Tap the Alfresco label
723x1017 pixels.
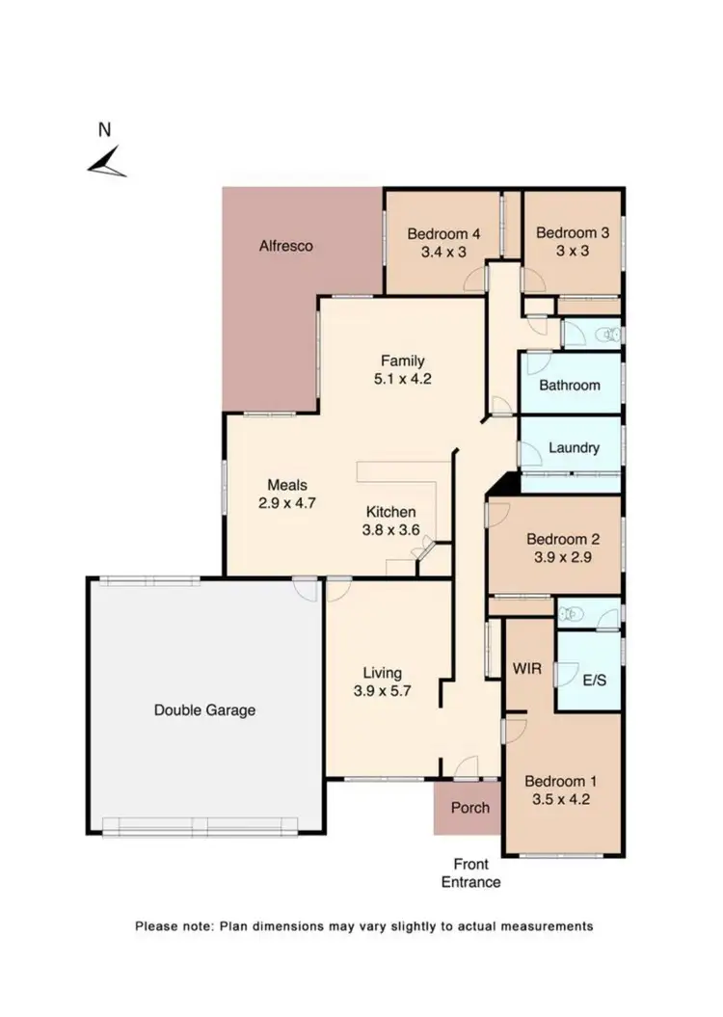pyautogui.click(x=286, y=246)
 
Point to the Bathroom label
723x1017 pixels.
pyautogui.click(x=569, y=385)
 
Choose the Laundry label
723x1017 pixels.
pyautogui.click(x=574, y=447)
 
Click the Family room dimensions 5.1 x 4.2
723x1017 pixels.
pyautogui.click(x=403, y=379)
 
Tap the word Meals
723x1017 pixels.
pyautogui.click(x=286, y=485)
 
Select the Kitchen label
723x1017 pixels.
pyautogui.click(x=390, y=512)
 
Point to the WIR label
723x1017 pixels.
pyautogui.click(x=527, y=667)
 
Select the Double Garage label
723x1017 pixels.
pyautogui.click(x=205, y=710)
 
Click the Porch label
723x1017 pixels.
pyautogui.click(x=470, y=808)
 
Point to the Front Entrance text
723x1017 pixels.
pyautogui.click(x=470, y=873)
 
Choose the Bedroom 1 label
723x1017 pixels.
pyautogui.click(x=560, y=781)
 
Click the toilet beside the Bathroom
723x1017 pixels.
pyautogui.click(x=606, y=335)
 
